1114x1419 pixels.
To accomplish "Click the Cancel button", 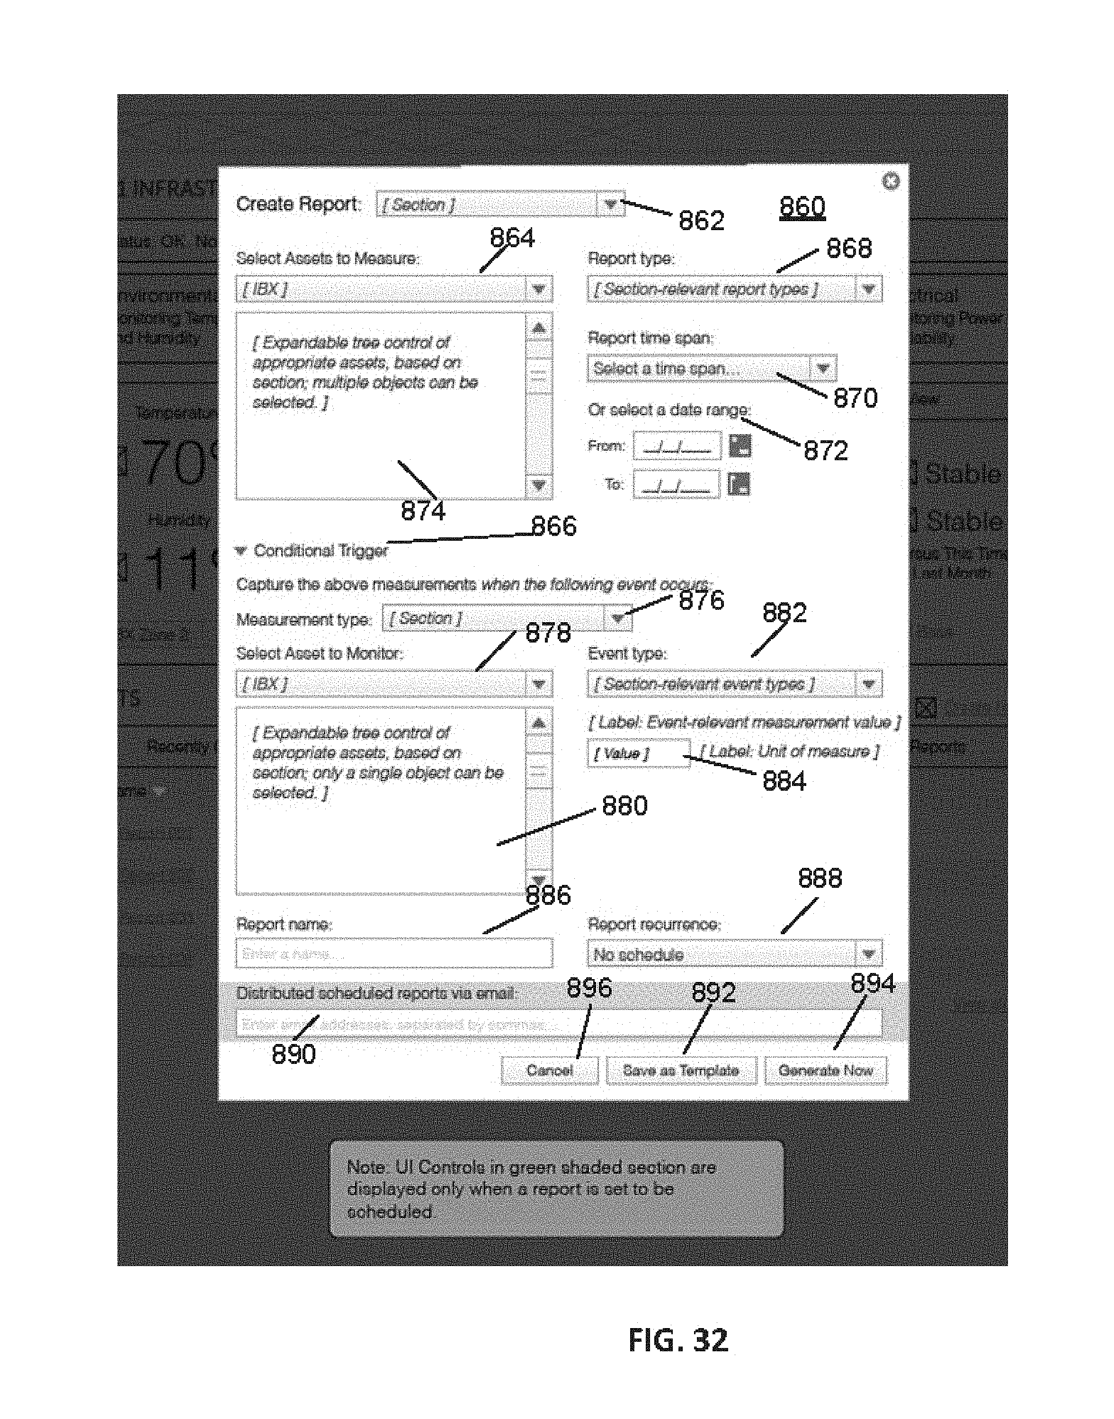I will click(x=549, y=1071).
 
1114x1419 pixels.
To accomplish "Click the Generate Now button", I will click(x=825, y=1071).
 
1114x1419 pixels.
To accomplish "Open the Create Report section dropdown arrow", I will click(x=610, y=204).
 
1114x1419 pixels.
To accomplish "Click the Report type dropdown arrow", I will click(x=868, y=289).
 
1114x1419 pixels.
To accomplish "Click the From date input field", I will click(x=677, y=446).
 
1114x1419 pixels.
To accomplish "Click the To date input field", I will click(x=677, y=484).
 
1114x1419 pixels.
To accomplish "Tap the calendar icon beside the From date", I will click(x=740, y=446).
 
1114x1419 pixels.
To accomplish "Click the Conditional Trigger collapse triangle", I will click(x=241, y=551).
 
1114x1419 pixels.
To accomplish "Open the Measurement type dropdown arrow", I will click(x=617, y=618).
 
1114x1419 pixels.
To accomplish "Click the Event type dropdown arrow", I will click(x=868, y=684).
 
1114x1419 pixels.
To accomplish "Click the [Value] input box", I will click(x=638, y=754).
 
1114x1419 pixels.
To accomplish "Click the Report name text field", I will click(x=394, y=954).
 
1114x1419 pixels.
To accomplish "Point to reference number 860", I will click(x=802, y=207).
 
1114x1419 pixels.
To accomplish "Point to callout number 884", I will click(x=784, y=781).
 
